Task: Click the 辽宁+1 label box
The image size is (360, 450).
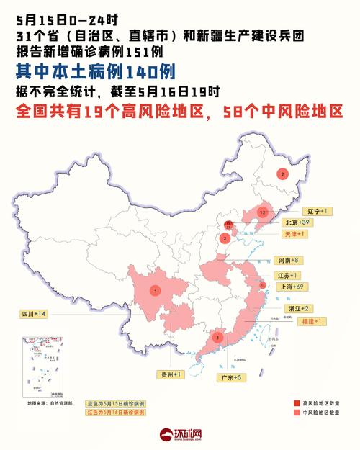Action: (x=314, y=211)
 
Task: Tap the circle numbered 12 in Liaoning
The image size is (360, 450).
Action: (x=264, y=213)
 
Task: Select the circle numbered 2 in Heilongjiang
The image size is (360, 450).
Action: (x=283, y=174)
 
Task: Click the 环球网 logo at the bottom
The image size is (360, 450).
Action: (x=180, y=434)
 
